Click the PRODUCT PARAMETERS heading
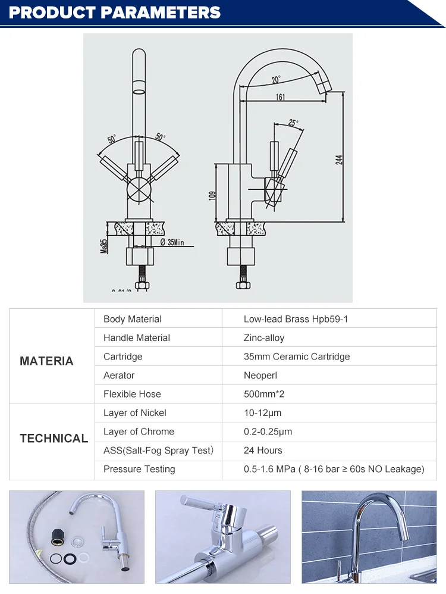point(115,12)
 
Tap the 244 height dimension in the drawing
point(340,160)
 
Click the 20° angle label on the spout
point(276,80)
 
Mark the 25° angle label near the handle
point(293,123)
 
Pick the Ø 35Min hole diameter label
point(172,242)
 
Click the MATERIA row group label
point(46,361)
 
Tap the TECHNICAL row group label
point(54,438)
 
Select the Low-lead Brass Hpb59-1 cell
point(296,319)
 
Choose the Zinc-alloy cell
point(264,337)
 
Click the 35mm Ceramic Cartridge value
point(297,357)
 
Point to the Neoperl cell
point(260,375)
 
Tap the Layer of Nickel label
point(134,412)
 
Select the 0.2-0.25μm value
point(268,432)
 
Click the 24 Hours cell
point(263,450)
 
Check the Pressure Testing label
point(139,469)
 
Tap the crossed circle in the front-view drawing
point(141,190)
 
